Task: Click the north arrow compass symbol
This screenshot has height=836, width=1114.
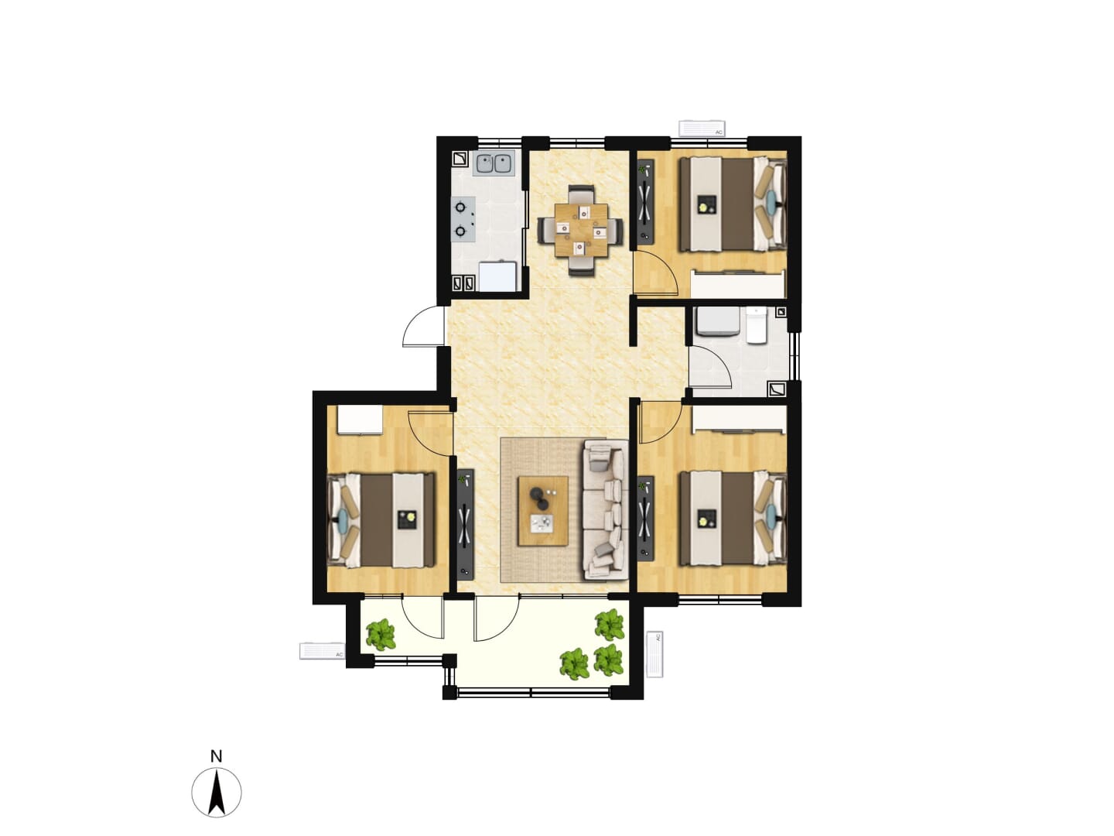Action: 216,793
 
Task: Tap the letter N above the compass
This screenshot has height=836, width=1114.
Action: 216,757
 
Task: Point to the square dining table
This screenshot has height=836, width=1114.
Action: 581,230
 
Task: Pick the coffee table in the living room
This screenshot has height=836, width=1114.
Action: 542,511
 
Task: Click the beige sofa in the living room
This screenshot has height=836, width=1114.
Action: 605,509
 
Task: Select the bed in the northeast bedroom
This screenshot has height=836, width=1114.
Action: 733,204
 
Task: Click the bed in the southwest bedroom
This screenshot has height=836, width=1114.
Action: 381,519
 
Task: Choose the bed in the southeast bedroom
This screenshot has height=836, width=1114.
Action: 733,519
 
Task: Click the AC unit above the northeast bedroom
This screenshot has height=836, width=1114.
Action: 702,129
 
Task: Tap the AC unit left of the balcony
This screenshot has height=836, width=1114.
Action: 322,651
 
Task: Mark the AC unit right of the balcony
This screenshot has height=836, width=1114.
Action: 654,654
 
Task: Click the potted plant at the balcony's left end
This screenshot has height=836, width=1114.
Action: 381,635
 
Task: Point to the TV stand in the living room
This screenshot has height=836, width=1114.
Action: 466,524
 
